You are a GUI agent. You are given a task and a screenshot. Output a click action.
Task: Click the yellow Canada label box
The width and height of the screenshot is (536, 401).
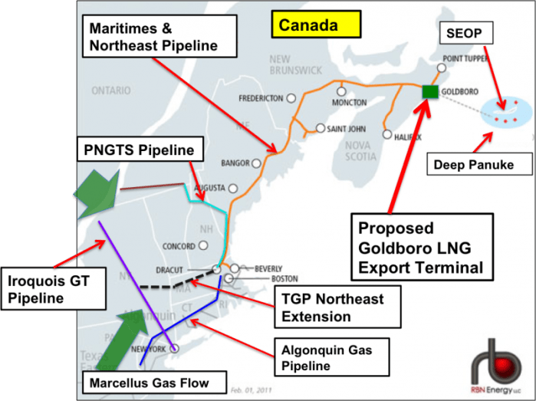[x=316, y=25]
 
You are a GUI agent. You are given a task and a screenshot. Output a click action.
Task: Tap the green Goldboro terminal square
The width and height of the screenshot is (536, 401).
[x=429, y=92]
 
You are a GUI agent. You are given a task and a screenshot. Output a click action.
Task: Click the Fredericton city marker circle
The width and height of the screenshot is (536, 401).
[x=291, y=98]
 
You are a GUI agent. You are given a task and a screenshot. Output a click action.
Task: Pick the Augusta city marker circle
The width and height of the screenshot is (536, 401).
[x=232, y=188]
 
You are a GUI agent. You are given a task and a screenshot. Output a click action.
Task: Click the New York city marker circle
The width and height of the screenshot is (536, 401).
[x=175, y=349]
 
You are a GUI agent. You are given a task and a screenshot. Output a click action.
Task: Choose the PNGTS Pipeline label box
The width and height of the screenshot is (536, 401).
[x=139, y=150]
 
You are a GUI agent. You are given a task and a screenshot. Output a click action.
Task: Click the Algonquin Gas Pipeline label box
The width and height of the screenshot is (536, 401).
[x=328, y=356]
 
